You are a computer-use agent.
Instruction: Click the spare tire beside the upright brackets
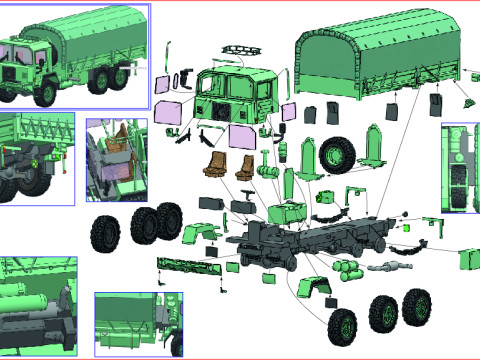(x=336, y=153)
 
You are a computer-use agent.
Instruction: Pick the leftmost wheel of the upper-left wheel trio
(x=105, y=233)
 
